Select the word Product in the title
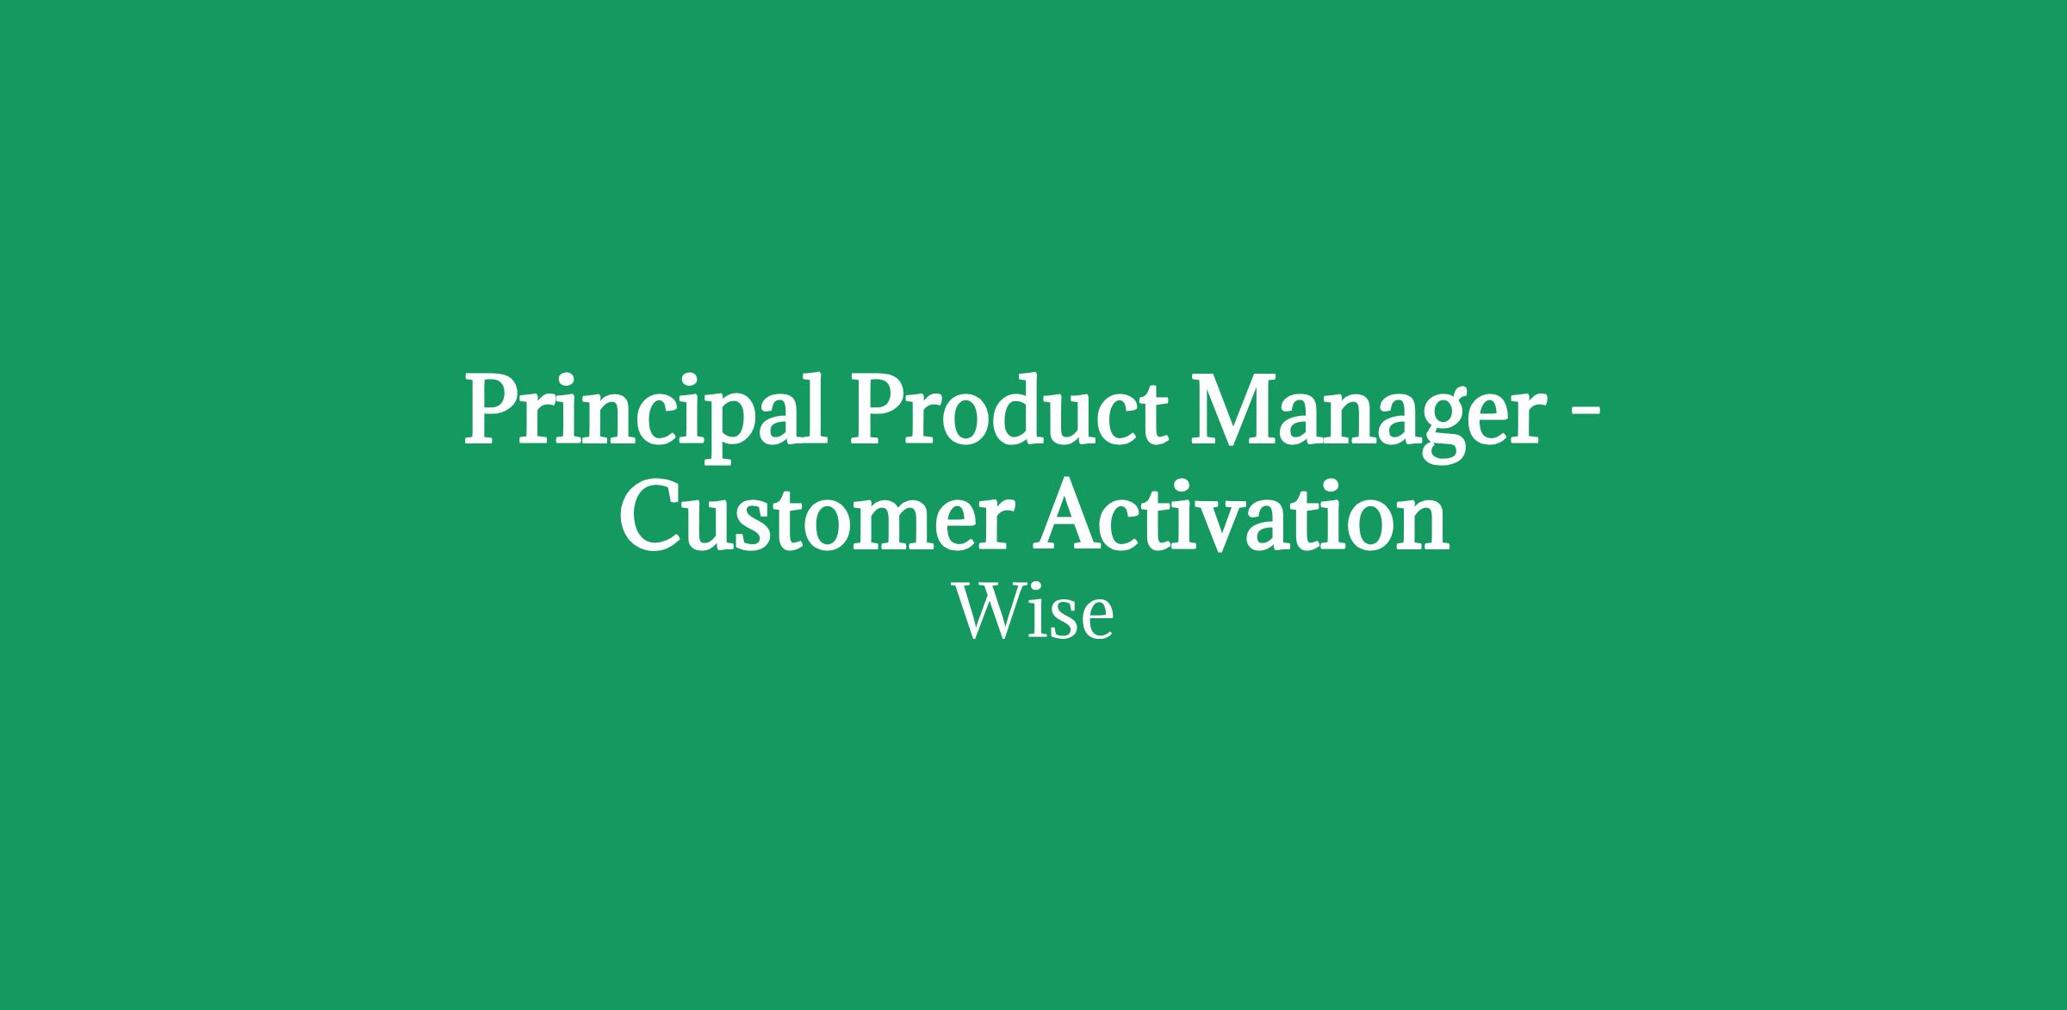(x=1008, y=408)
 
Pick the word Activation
(x=1241, y=513)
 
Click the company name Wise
(x=1033, y=613)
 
